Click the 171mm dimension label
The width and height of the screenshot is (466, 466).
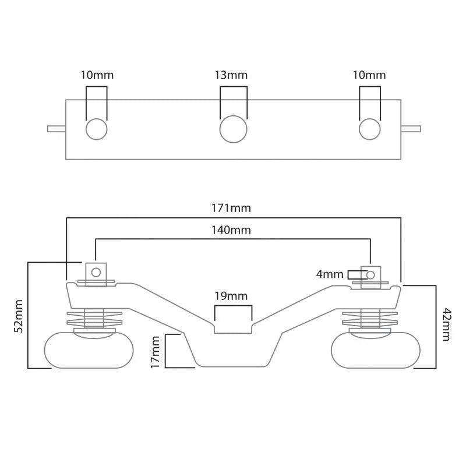click(231, 208)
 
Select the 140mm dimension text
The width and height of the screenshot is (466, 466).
click(231, 230)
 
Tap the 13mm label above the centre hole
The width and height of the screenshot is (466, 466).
click(231, 75)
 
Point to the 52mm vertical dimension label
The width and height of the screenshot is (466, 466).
click(19, 316)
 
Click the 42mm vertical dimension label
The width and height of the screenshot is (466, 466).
click(447, 324)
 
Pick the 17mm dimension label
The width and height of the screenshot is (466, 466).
click(155, 352)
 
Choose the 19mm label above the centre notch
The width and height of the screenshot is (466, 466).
click(231, 296)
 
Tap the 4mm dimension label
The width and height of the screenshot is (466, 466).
click(330, 274)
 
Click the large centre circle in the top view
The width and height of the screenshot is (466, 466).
click(234, 129)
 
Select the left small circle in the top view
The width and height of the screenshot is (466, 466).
click(96, 129)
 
